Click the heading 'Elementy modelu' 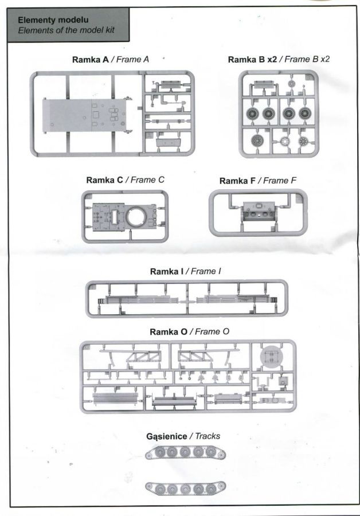53,19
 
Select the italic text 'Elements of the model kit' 66,30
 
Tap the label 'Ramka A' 90,60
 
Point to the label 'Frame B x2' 307,59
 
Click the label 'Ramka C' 104,180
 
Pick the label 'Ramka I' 166,272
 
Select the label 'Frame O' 212,332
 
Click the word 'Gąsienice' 166,437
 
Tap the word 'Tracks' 208,436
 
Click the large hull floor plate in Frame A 84,115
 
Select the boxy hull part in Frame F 259,211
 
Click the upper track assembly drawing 185,452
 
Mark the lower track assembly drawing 185,488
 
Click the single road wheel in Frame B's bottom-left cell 257,141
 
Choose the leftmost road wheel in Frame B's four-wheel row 253,114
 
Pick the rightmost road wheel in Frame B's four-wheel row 305,114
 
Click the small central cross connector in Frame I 187,301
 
